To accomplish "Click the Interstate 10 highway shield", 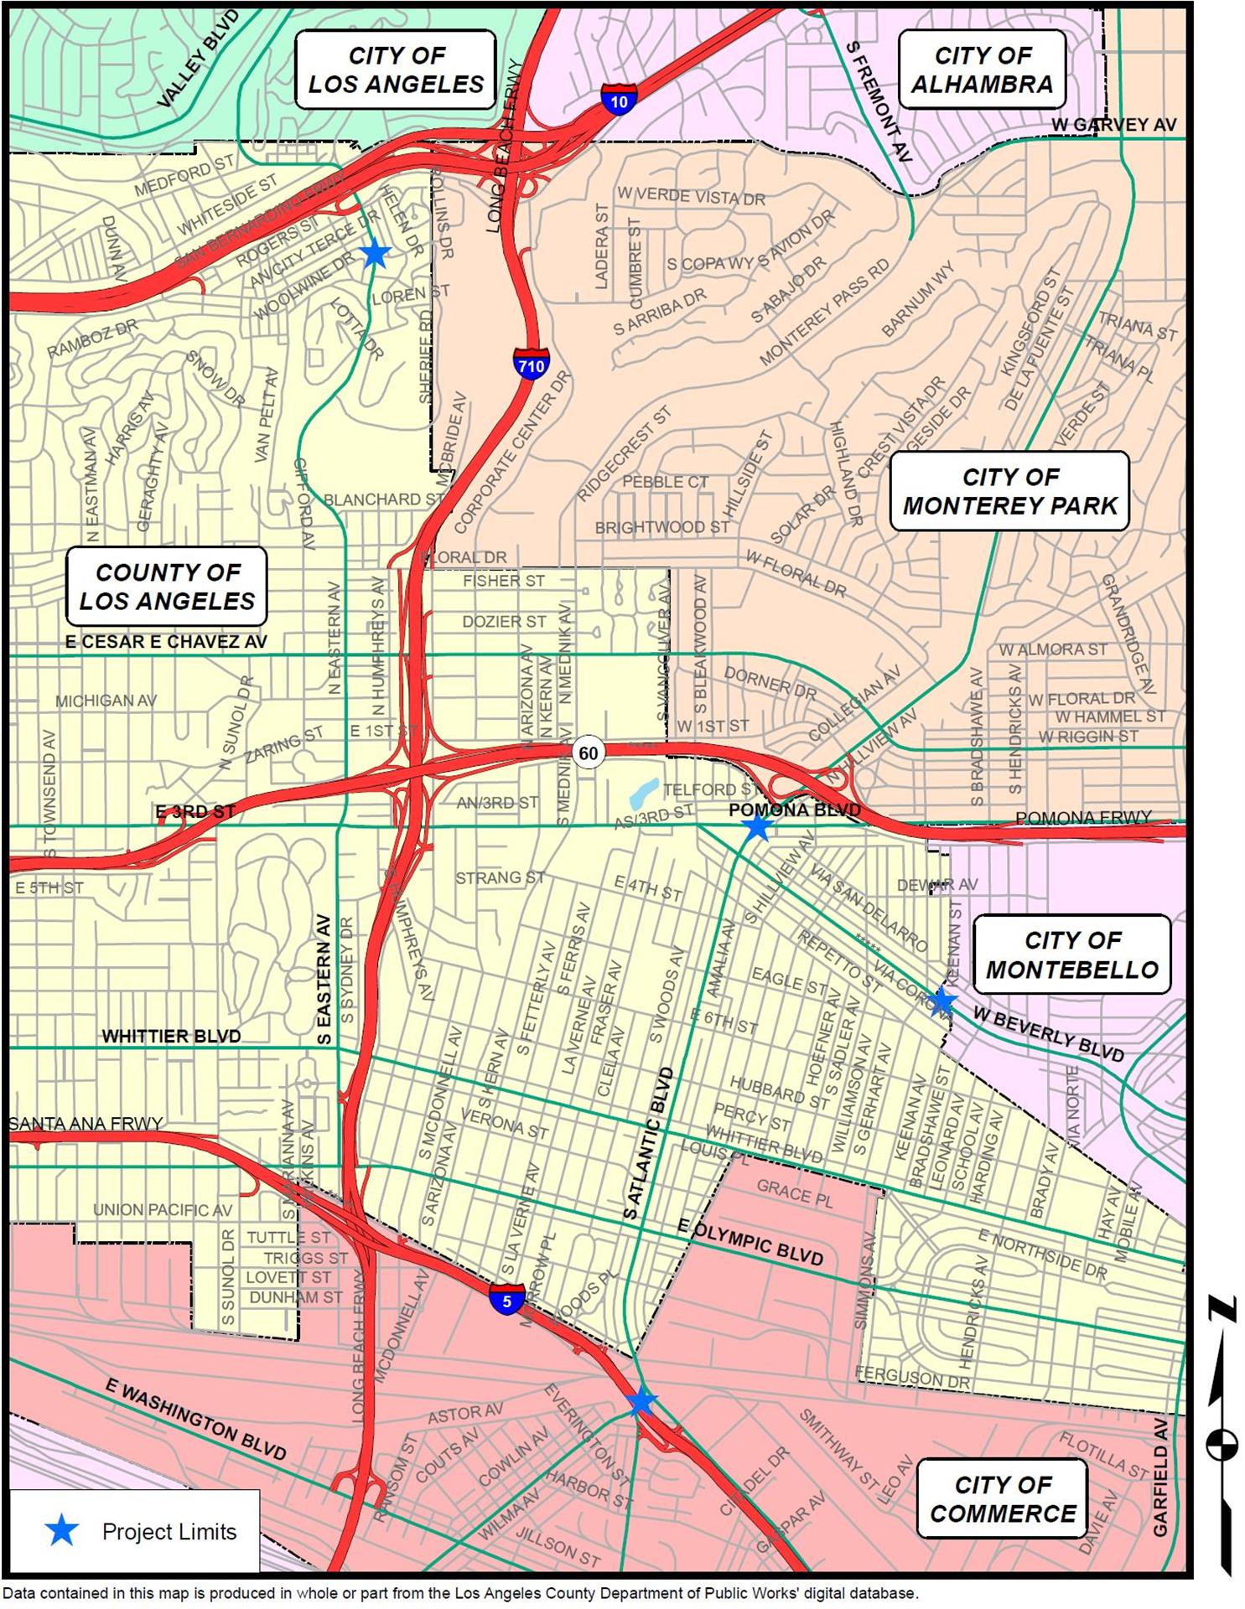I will tap(618, 101).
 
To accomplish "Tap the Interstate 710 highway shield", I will tap(531, 364).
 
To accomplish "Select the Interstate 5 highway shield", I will tap(506, 1300).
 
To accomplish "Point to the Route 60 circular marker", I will tap(589, 753).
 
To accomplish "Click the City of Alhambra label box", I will tap(982, 70).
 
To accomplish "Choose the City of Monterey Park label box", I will tap(1009, 491).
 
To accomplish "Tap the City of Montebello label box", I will tap(1071, 955).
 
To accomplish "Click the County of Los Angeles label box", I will tap(167, 587).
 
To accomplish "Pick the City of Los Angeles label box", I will tap(396, 70).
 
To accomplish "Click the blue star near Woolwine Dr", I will tap(375, 252).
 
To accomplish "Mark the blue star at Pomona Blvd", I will tap(758, 826).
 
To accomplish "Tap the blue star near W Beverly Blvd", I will tap(942, 1001).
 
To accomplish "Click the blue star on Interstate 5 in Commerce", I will tap(641, 1401).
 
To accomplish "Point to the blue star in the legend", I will tap(61, 1531).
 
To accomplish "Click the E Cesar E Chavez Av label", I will tap(166, 642).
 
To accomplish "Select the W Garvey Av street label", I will tap(1114, 125).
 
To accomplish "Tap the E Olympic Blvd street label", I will tap(750, 1242).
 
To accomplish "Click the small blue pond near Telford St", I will tap(643, 789).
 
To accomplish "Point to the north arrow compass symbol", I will tap(1221, 1441).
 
